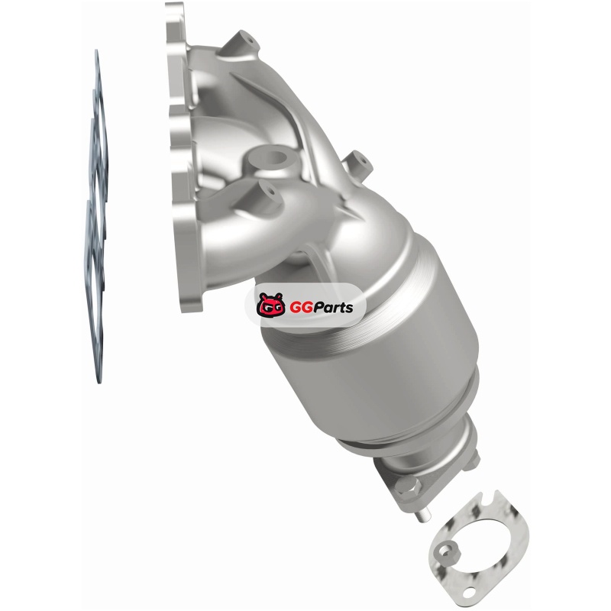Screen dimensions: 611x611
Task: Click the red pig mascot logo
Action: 271,305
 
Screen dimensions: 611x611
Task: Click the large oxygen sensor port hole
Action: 274,157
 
